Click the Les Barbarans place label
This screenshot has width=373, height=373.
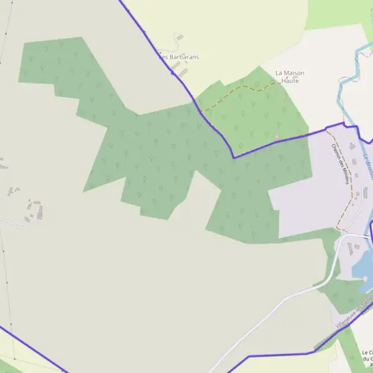(180, 57)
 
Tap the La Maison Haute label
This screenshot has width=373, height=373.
(290, 76)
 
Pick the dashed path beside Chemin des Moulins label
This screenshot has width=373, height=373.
(351, 180)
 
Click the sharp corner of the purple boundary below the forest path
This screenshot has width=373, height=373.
(234, 157)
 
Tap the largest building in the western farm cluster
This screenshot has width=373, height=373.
(40, 213)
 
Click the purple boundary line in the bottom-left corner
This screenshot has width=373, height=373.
(31, 345)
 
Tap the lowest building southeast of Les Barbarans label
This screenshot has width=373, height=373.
(183, 72)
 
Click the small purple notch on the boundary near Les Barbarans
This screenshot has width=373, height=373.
(172, 73)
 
